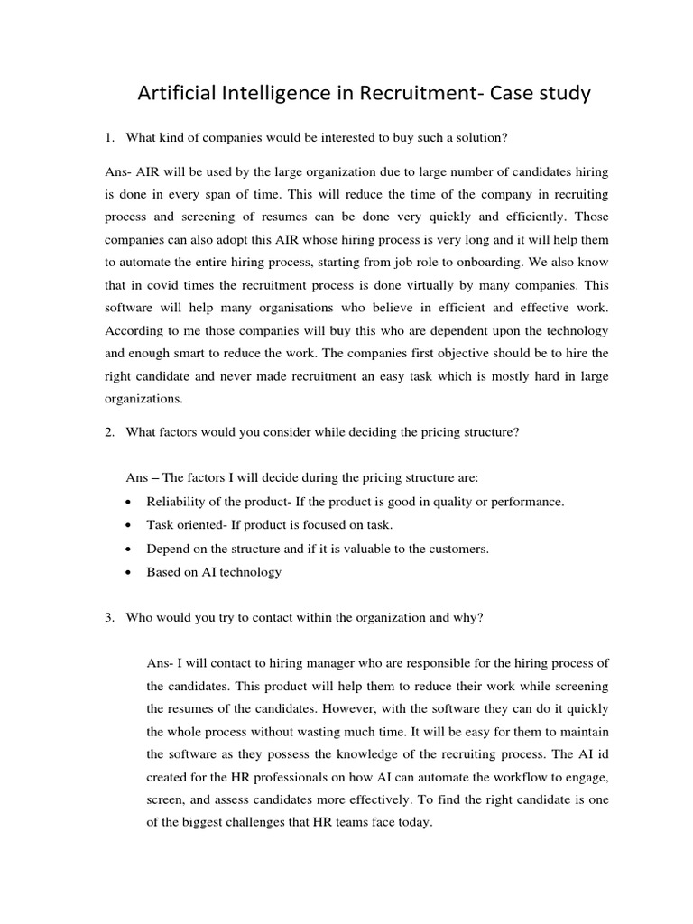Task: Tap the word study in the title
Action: click(559, 93)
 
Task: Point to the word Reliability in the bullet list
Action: click(178, 501)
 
